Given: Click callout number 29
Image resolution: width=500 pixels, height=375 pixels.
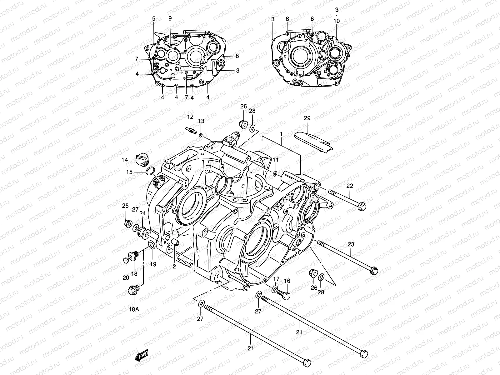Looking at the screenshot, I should pyautogui.click(x=307, y=118).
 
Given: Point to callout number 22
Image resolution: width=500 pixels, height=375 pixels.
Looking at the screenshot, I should pyautogui.click(x=349, y=186).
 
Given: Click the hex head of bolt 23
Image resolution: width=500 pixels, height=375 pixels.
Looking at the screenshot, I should pyautogui.click(x=373, y=270).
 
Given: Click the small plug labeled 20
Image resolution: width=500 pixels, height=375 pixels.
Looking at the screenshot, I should pyautogui.click(x=126, y=260).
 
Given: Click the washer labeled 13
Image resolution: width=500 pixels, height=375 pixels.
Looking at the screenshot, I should pyautogui.click(x=201, y=135).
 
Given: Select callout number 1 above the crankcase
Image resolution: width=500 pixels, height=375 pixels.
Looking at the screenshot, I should pyautogui.click(x=281, y=134).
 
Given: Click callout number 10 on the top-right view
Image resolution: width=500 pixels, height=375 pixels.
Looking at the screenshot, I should pyautogui.click(x=336, y=21).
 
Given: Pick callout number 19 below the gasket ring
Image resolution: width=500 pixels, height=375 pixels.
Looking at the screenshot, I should pyautogui.click(x=152, y=264).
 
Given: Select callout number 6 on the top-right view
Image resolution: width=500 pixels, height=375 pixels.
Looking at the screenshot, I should pyautogui.click(x=287, y=19).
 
